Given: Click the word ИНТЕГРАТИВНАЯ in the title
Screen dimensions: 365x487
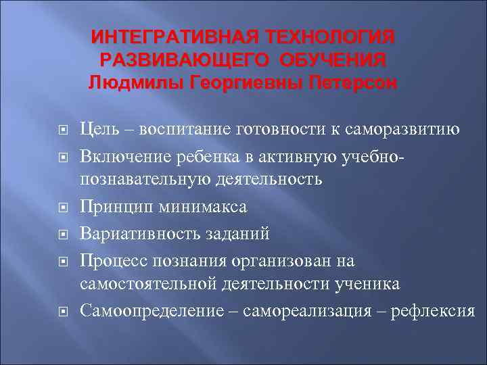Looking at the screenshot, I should (x=168, y=35).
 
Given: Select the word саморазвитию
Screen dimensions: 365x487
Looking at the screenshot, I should (x=403, y=130).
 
